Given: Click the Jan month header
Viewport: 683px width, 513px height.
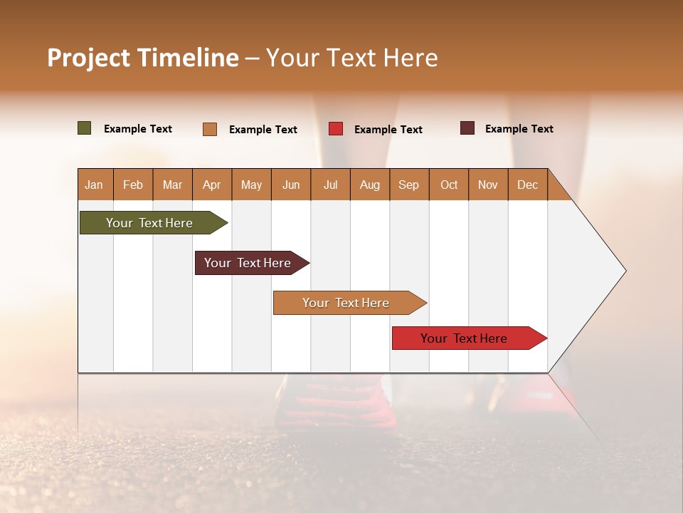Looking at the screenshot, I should (95, 185).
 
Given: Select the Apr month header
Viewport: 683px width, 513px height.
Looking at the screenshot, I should (212, 185).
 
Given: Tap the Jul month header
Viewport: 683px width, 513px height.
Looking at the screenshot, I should (330, 185).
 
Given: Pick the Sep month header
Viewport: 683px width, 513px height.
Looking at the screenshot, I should (408, 185).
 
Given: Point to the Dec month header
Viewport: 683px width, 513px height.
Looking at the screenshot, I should (527, 185).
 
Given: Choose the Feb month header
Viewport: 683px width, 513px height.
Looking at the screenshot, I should (133, 185).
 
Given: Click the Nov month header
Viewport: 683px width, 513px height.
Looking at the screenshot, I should (487, 185).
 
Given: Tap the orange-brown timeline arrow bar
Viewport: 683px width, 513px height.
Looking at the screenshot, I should (346, 303).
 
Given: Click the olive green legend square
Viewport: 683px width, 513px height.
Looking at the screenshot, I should (85, 128).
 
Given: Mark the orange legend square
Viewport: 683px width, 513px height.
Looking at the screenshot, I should (210, 129).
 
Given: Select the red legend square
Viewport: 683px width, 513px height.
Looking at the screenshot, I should (336, 129).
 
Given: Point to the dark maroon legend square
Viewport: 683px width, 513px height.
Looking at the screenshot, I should (467, 128).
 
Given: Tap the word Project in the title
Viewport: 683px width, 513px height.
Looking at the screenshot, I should (88, 58).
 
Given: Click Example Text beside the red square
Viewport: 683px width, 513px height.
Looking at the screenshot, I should (388, 129).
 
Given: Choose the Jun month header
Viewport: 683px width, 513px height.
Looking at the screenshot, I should (291, 185).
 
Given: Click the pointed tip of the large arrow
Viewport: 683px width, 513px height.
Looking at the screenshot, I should (624, 271).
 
